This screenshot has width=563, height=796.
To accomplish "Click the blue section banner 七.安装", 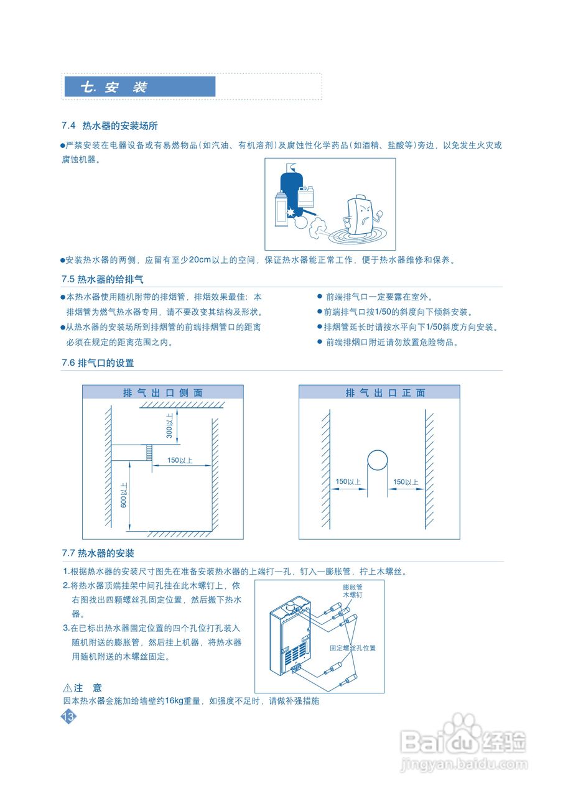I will pos(140,87).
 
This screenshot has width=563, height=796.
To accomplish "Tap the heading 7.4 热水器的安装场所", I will pos(114,126).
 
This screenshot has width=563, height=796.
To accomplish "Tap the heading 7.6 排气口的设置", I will pos(98,363).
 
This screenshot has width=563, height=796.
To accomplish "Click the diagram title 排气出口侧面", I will pos(163,392).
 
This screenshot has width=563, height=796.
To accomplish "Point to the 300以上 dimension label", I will pos(169,425).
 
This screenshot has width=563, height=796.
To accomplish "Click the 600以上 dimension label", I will pos(124,495).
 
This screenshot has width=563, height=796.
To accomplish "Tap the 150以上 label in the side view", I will pos(180,461).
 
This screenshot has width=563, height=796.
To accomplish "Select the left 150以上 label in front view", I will pos(348,482).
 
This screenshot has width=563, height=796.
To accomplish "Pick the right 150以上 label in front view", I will pos(406,482).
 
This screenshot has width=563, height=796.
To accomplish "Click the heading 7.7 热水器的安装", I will pos(98,553).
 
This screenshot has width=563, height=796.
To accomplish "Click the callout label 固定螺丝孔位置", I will pos(353,648).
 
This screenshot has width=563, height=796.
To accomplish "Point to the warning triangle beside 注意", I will pos(68,688).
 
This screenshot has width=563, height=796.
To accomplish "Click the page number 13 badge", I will pos(68,717).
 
